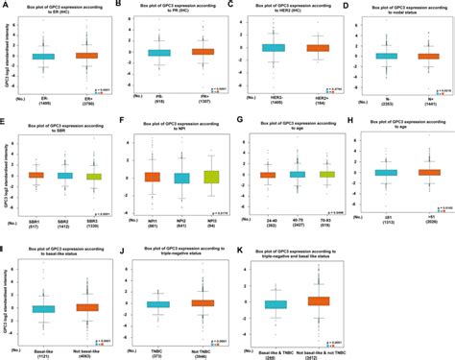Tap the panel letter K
238,248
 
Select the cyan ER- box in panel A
43,57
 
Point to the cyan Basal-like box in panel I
43,309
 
